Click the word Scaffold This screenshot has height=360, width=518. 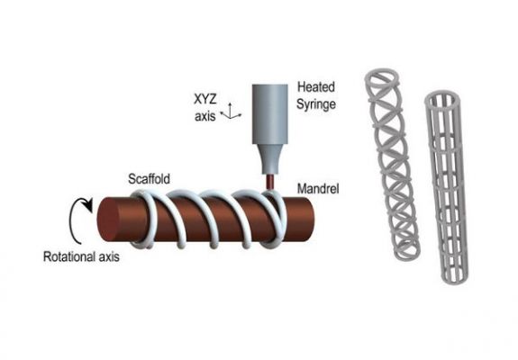click(149, 179)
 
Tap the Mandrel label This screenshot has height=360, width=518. click(318, 189)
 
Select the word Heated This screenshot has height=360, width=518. click(316, 87)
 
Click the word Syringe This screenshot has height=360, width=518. click(316, 104)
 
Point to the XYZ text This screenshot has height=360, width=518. click(205, 99)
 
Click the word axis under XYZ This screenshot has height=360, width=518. click(205, 116)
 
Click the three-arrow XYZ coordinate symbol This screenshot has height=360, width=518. click(232, 112)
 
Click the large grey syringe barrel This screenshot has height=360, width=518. click(270, 114)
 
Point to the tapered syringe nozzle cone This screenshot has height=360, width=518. click(270, 159)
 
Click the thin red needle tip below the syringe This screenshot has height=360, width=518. click(270, 182)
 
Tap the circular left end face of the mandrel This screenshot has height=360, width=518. click(109, 220)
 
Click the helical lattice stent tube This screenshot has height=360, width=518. click(392, 164)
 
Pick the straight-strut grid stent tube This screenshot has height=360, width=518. click(446, 187)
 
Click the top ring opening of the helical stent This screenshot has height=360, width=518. click(382, 76)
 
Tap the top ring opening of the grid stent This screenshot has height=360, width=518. click(441, 100)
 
